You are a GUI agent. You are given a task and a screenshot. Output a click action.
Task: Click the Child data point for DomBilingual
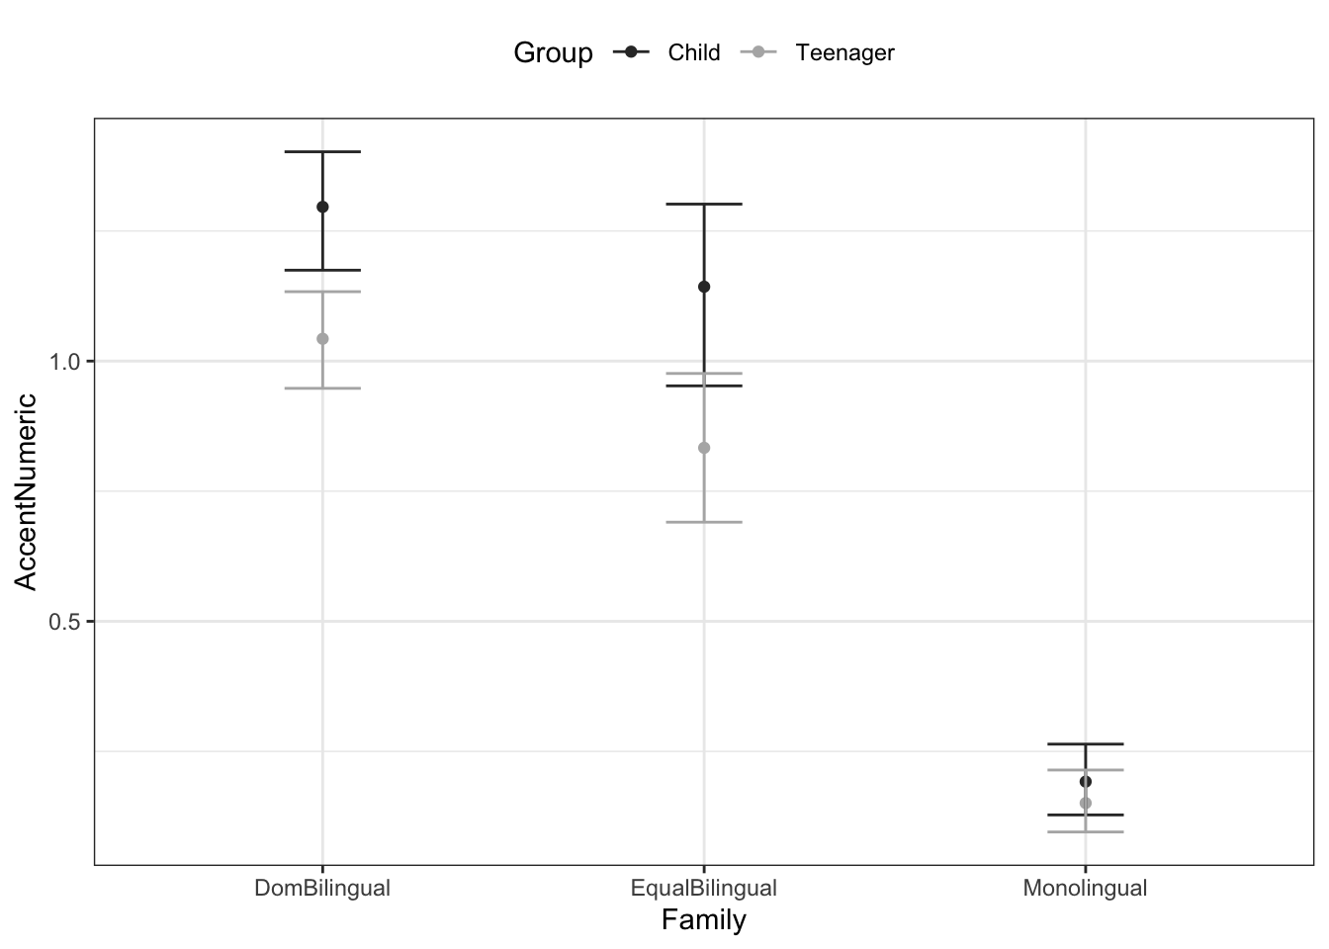(322, 207)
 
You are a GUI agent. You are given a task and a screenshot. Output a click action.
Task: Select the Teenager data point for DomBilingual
(322, 339)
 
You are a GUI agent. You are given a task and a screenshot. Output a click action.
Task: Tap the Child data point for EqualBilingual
(704, 287)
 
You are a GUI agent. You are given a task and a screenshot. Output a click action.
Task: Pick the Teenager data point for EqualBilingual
(704, 448)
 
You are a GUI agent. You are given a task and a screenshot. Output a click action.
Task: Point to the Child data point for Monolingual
(1085, 782)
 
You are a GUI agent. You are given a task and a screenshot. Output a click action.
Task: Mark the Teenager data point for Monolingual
(1085, 803)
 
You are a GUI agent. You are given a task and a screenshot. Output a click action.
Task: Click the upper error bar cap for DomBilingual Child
(322, 152)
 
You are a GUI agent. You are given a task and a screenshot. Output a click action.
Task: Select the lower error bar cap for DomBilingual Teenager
(322, 388)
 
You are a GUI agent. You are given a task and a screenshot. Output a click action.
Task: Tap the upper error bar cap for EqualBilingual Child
(704, 204)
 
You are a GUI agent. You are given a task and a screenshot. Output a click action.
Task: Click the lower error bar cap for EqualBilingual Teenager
(704, 522)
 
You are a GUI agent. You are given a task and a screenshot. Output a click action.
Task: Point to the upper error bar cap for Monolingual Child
(1085, 743)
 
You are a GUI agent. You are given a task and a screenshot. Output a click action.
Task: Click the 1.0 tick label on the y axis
(65, 362)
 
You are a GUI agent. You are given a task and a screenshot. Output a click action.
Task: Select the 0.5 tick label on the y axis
(65, 622)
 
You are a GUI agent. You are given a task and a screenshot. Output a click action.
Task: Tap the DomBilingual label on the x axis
(322, 888)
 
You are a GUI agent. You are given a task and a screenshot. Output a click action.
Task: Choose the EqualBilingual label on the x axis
(704, 888)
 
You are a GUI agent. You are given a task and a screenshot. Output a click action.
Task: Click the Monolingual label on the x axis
(1085, 888)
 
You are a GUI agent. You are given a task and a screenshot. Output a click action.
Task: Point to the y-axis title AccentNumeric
(27, 491)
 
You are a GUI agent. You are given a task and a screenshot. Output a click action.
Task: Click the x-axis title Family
(704, 920)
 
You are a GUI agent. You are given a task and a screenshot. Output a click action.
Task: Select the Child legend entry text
(694, 52)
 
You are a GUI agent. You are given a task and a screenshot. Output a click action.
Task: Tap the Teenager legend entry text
(844, 52)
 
